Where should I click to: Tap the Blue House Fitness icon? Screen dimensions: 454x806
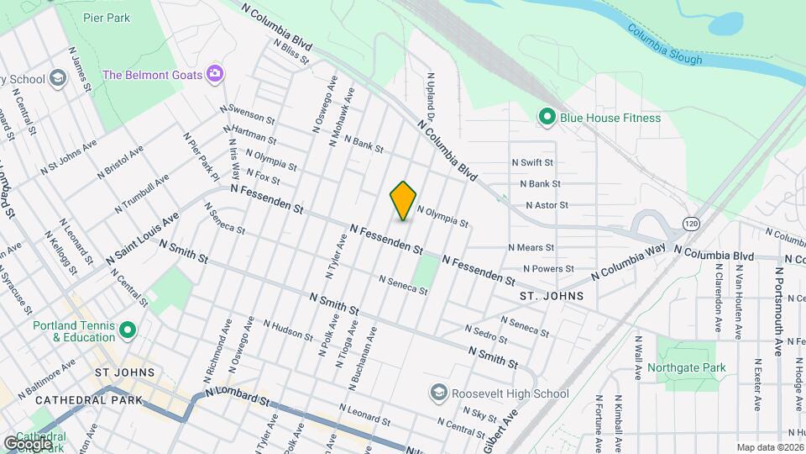(x=547, y=117)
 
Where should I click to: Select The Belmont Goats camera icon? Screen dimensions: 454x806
(x=215, y=75)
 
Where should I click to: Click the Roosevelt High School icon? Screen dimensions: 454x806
(x=437, y=393)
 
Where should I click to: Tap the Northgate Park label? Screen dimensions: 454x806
(x=691, y=367)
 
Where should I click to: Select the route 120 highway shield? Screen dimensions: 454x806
(x=690, y=224)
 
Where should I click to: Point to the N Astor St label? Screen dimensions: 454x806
(x=547, y=204)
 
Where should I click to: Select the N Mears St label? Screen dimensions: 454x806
(x=531, y=248)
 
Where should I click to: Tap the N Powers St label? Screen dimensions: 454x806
(x=551, y=269)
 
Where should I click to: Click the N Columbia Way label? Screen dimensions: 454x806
(x=628, y=261)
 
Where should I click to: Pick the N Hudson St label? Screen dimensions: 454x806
(x=288, y=329)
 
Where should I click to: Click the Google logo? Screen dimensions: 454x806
(x=28, y=442)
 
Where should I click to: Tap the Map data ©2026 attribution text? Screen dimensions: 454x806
(x=769, y=447)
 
